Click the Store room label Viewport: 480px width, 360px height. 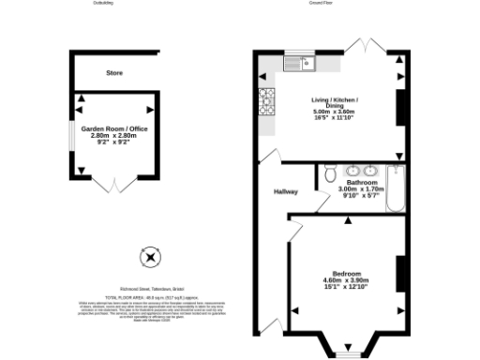click(114, 72)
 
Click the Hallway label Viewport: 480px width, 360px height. click(285, 192)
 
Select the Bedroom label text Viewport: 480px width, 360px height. click(346, 273)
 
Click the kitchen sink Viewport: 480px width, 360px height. click(302, 64)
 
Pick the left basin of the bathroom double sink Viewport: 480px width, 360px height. click(352, 171)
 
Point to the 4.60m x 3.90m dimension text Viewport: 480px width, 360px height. click(346, 280)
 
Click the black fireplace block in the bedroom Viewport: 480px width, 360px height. click(399, 273)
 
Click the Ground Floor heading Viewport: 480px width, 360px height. click(322, 4)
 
